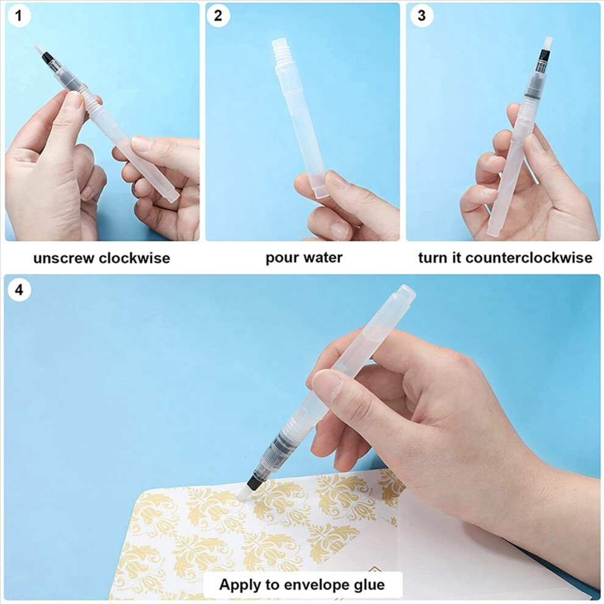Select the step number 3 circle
coord(422,15)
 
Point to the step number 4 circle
coord(19,290)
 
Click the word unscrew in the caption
coord(64,258)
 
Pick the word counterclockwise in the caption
coord(529,257)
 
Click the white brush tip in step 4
coord(245,493)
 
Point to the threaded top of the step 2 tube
coord(281,51)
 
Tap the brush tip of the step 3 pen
coord(548,43)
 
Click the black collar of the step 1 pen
coord(48,58)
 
